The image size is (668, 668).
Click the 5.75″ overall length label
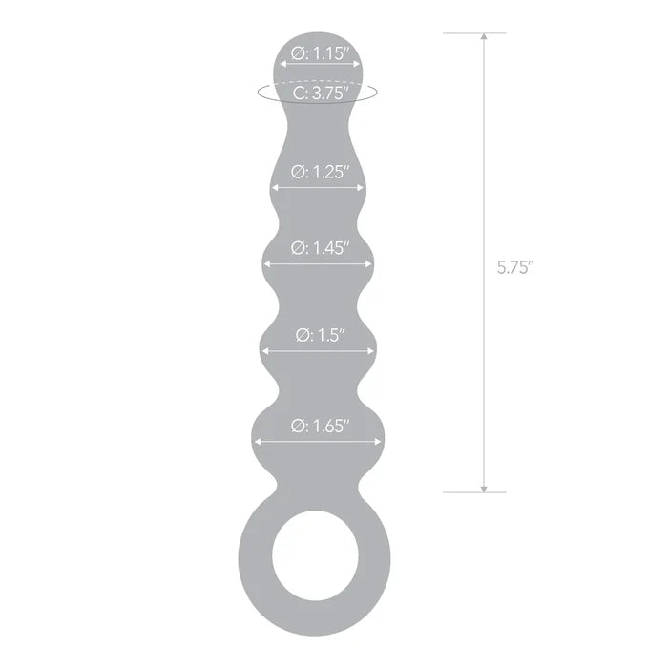pos(515,268)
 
